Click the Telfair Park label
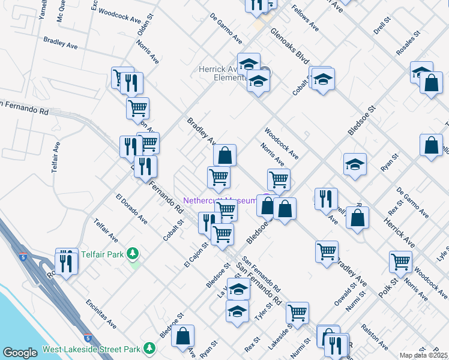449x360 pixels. pos(103,254)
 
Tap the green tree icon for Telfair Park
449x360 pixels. pos(132,254)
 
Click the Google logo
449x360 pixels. pos(20,353)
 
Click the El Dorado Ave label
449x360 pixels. pos(131,209)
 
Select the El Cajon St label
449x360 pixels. pos(196,254)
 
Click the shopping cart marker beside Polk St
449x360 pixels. pos(400,262)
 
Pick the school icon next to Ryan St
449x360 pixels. pos(355,165)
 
